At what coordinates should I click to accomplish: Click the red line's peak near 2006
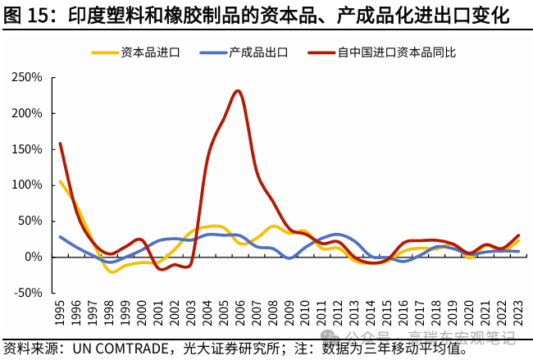coord(238,90)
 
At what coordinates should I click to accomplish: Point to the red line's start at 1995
coord(60,144)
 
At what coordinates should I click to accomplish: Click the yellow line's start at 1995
coord(60,181)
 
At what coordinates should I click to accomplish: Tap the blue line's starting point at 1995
coord(60,237)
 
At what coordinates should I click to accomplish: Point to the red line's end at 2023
coord(518,235)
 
